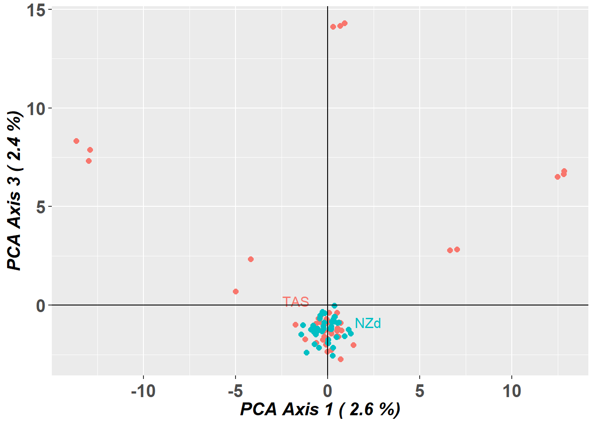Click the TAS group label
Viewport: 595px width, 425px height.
296,302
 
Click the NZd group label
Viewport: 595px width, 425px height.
368,324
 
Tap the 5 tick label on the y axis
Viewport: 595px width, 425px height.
41,207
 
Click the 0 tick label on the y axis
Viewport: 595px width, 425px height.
41,305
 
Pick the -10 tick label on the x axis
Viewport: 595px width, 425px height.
143,391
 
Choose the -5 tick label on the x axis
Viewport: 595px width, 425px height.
235,391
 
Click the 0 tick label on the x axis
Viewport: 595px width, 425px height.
328,391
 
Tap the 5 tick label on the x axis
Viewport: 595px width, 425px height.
420,391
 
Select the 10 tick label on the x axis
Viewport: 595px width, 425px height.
512,391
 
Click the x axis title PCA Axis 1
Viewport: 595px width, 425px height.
320,410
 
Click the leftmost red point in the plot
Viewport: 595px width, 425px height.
76,141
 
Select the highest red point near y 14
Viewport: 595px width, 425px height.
344,23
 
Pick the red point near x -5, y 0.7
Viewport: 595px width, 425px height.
236,292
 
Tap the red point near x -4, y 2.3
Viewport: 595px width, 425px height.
251,259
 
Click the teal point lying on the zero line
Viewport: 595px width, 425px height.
334,306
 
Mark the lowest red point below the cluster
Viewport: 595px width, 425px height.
340,359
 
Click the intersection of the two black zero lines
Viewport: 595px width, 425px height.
328,305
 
